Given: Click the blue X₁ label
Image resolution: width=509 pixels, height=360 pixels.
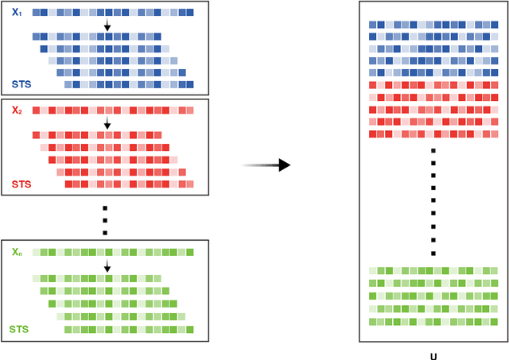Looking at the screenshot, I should pos(17,14).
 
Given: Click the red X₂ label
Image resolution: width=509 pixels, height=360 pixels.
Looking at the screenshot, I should pos(17,110).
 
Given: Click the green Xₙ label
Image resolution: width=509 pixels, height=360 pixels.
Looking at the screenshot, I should pos(17,252).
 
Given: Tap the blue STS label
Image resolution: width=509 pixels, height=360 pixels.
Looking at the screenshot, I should pos(21,83).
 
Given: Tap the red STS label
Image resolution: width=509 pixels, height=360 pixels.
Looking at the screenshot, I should pos(21,184).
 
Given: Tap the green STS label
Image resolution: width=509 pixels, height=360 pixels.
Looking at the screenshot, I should pos(21,328).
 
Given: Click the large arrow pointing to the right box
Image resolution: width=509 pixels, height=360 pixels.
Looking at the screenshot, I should pos(266,165).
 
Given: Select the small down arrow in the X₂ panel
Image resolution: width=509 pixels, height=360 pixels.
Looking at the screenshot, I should pos(107,122).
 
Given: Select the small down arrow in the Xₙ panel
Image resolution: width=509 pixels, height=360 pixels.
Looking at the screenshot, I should pos(107,265).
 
